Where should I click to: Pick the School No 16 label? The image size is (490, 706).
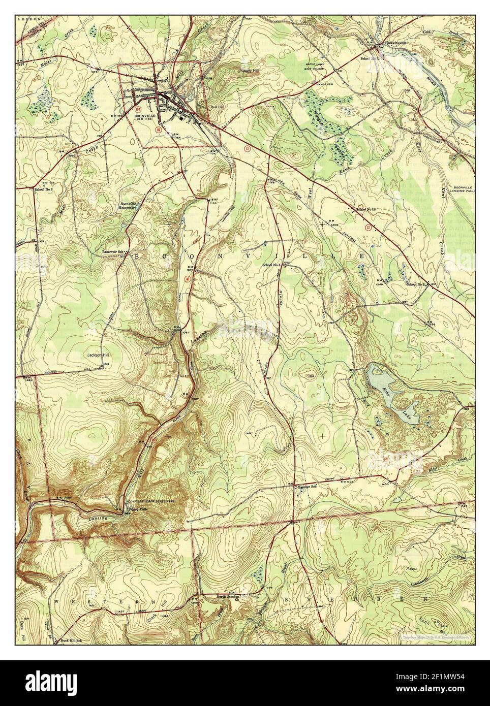click(x=366, y=209)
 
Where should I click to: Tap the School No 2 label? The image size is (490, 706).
click(x=415, y=283)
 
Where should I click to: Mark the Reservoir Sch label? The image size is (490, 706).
click(x=113, y=252)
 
